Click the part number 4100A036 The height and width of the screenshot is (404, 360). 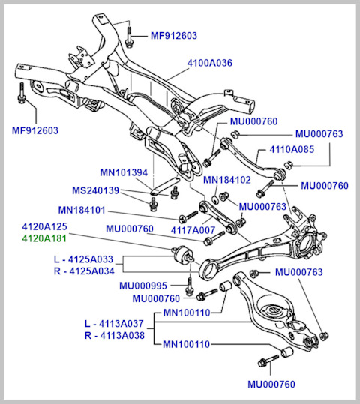point(210,63)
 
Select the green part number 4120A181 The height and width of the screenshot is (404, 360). point(44,238)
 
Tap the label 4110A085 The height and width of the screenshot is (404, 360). point(292,149)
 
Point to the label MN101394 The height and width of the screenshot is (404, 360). point(124,172)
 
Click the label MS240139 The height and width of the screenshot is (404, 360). point(96,190)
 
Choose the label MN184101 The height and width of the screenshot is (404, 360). point(82,210)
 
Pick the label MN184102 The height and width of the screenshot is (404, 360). point(227,180)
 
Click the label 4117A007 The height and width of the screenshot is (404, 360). point(193,230)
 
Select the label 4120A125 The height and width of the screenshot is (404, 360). point(44,226)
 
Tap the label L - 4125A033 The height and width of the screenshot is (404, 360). point(83,259)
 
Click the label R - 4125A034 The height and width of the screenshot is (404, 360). point(84,271)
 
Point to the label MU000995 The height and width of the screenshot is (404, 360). point(143,286)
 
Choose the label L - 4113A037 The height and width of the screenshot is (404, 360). point(114,323)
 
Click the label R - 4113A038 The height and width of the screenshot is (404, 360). point(115,336)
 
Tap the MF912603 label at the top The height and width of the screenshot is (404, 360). point(174,36)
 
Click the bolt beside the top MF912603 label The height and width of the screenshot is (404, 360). point(129,37)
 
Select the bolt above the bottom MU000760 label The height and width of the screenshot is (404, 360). point(268,361)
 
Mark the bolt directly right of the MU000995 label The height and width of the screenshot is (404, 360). point(190,286)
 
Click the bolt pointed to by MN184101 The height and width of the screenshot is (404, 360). point(188,217)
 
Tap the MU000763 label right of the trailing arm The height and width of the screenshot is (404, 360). point(299,272)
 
